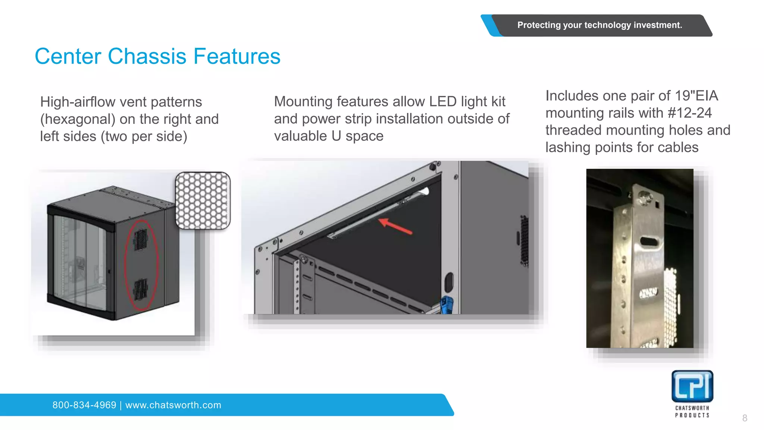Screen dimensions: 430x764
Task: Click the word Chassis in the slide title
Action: pos(147,56)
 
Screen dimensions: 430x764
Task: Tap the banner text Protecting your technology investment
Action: pos(599,25)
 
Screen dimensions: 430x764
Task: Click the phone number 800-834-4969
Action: pos(84,405)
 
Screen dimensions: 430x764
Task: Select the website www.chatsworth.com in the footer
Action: pos(173,405)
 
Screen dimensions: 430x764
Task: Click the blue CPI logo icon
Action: pos(692,386)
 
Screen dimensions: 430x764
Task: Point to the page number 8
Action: pos(745,418)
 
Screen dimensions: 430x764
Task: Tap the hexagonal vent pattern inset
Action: pos(203,200)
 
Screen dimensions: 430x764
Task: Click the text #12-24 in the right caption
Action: pos(690,113)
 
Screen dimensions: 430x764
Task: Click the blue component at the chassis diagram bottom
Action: pos(447,305)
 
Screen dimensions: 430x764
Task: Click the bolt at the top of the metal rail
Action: pos(644,197)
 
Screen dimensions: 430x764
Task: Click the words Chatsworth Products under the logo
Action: pos(692,411)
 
